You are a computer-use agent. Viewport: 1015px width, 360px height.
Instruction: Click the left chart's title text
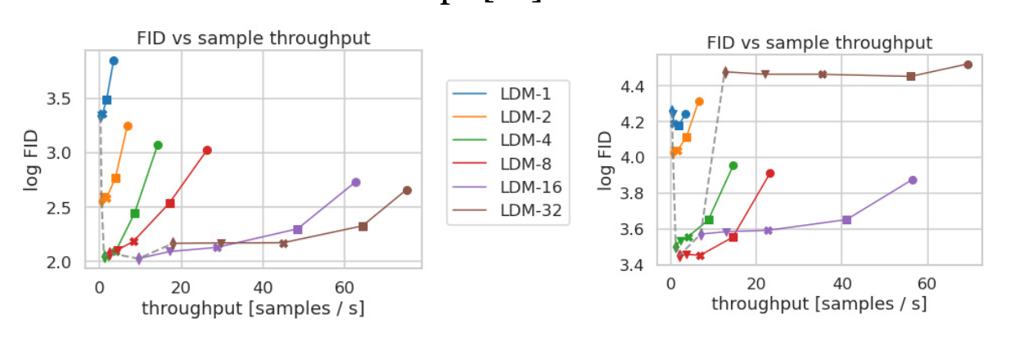click(x=253, y=38)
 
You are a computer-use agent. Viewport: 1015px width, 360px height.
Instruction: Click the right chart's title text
click(x=819, y=43)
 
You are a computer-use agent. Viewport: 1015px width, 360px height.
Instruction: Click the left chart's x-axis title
click(x=253, y=308)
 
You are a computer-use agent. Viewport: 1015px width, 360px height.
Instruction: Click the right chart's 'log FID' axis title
click(x=605, y=159)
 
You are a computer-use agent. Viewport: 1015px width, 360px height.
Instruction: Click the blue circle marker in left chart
click(x=114, y=61)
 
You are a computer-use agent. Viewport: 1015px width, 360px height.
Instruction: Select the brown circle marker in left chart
click(x=407, y=191)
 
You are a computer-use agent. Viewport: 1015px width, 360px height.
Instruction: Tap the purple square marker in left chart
click(x=297, y=230)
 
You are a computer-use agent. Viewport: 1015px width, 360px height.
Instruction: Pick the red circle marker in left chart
click(x=207, y=151)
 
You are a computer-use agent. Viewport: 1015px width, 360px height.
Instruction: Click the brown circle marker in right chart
click(x=968, y=65)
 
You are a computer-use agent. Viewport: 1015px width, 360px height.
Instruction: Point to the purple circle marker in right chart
click(x=913, y=180)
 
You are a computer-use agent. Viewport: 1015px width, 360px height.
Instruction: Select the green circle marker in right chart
click(x=733, y=165)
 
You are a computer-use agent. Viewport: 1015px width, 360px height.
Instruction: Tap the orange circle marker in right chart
click(x=699, y=102)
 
